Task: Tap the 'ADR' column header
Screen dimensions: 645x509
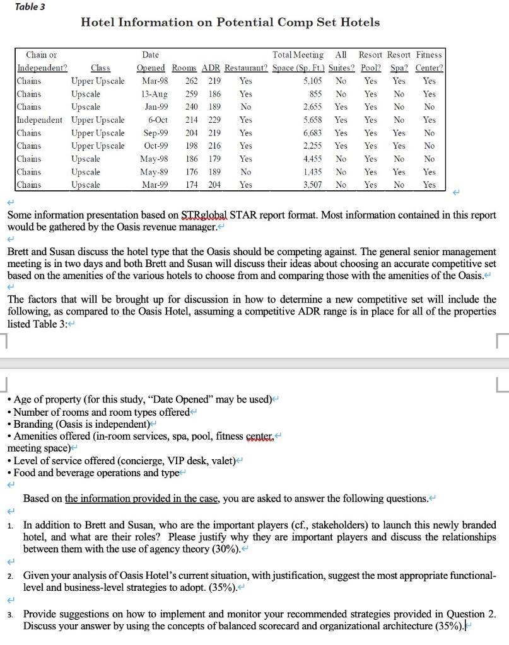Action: (x=211, y=68)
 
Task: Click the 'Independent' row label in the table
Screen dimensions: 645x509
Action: (x=39, y=120)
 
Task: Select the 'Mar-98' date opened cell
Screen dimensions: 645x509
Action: (x=155, y=81)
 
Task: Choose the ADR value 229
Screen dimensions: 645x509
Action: (x=214, y=120)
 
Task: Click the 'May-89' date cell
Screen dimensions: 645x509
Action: (x=153, y=172)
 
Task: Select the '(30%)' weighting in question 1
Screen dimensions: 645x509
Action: (x=219, y=549)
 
